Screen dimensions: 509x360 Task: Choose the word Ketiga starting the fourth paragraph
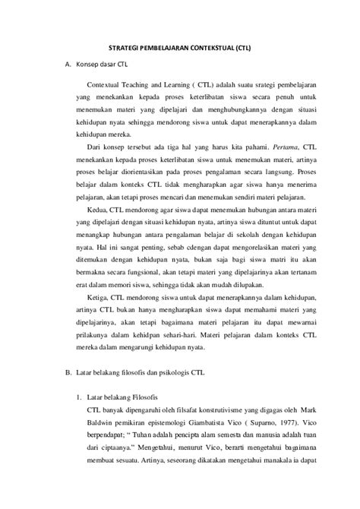98,340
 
